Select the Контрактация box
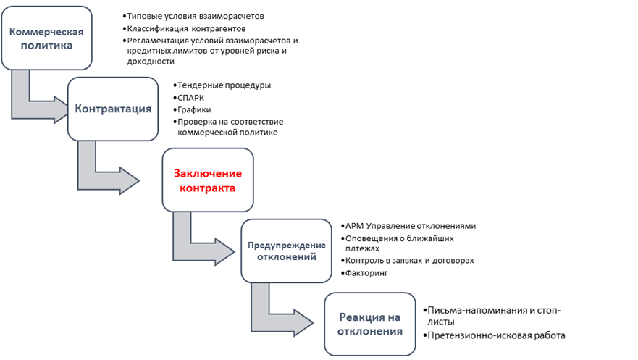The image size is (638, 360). [113, 109]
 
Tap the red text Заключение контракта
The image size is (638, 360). [207, 180]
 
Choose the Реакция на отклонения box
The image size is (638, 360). [370, 324]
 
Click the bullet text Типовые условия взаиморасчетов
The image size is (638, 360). [195, 16]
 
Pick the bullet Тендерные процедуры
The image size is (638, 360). [224, 85]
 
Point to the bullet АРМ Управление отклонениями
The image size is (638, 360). [410, 226]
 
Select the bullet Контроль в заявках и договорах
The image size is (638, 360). [409, 261]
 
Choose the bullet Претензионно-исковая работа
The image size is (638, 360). [497, 335]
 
